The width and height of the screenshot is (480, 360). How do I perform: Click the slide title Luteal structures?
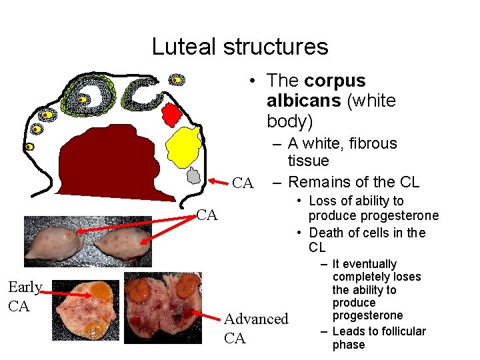pyautogui.click(x=240, y=47)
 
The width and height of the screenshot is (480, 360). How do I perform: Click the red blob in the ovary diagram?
pyautogui.click(x=172, y=114)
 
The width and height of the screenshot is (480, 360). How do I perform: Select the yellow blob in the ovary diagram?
pyautogui.click(x=183, y=146)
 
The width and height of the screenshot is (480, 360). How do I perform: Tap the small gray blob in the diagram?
pyautogui.click(x=193, y=175)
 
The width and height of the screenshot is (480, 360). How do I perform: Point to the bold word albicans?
pyautogui.click(x=297, y=101)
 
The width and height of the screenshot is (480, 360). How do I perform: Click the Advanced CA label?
pyautogui.click(x=257, y=329)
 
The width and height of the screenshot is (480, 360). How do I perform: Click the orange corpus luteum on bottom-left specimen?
pyautogui.click(x=100, y=292)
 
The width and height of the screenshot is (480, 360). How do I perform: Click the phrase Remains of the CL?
pyautogui.click(x=353, y=181)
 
